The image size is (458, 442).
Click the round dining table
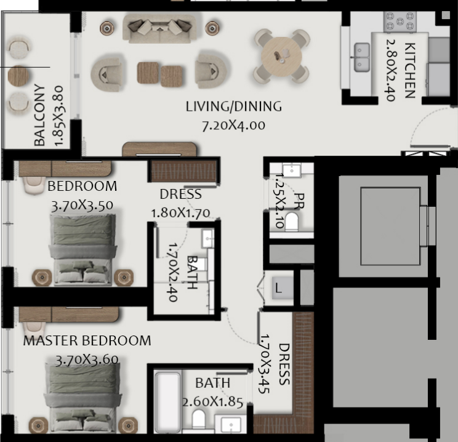click(281, 57)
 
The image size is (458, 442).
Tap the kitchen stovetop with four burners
click(400, 22)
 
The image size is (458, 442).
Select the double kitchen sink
click(361, 57)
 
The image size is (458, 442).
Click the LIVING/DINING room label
click(234, 106)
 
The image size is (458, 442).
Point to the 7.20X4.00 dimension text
click(234, 126)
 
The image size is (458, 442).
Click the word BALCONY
click(39, 115)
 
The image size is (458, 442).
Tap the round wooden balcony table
click(18, 76)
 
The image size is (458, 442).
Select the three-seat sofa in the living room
click(159, 28)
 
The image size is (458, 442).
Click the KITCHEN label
click(410, 70)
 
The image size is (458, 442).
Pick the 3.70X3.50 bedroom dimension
click(82, 206)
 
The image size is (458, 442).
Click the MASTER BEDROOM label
click(87, 340)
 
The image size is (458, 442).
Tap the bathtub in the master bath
click(167, 402)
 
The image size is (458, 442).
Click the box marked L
click(283, 287)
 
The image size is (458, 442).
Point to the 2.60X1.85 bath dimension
click(212, 402)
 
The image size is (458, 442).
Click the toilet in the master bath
click(199, 419)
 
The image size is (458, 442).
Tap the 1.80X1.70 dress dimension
click(180, 213)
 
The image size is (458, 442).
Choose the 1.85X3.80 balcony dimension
click(58, 116)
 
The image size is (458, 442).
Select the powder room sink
click(292, 170)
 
